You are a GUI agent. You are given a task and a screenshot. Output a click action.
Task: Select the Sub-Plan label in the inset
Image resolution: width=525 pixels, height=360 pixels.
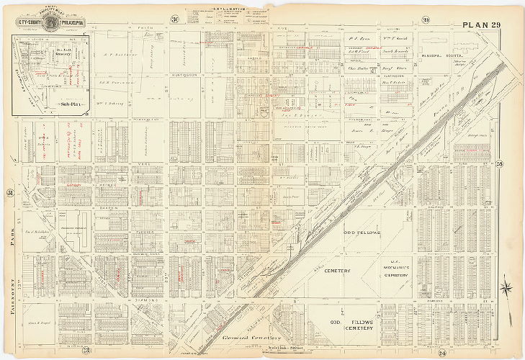coord(70,104)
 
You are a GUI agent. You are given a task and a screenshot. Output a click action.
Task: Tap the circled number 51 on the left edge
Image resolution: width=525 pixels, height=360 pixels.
coord(10,192)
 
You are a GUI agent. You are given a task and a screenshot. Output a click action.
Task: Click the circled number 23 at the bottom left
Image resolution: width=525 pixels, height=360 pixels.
coord(86,351)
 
